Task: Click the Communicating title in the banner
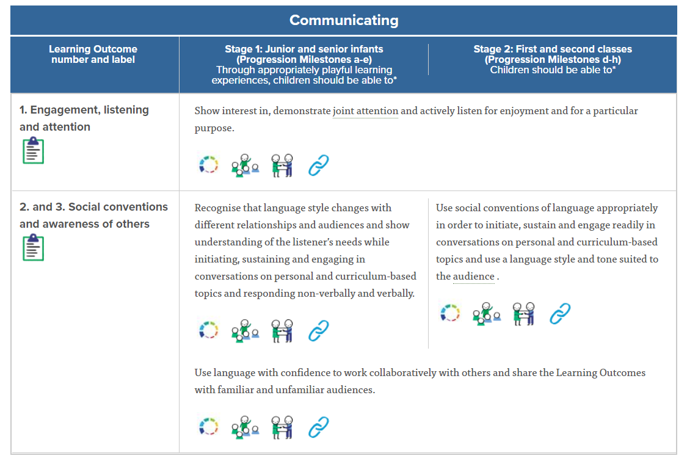(x=344, y=20)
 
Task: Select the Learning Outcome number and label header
(x=93, y=54)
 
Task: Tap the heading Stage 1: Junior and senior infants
(x=304, y=49)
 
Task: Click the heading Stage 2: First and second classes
(x=553, y=49)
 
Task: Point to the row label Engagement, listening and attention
(x=84, y=118)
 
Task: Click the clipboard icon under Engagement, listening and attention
(x=33, y=150)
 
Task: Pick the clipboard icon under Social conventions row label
(x=33, y=247)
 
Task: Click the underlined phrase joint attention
(x=365, y=111)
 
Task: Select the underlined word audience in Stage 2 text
(x=474, y=276)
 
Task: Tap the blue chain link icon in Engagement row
(x=318, y=165)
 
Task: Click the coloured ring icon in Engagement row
(x=209, y=165)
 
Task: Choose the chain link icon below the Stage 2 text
(x=559, y=314)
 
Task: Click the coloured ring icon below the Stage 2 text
(x=450, y=314)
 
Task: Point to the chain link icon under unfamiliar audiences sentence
(x=318, y=427)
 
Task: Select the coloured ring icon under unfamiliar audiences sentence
(x=209, y=427)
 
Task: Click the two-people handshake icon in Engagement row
(x=282, y=165)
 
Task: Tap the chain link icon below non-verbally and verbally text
(x=318, y=331)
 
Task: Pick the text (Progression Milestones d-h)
(x=553, y=60)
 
